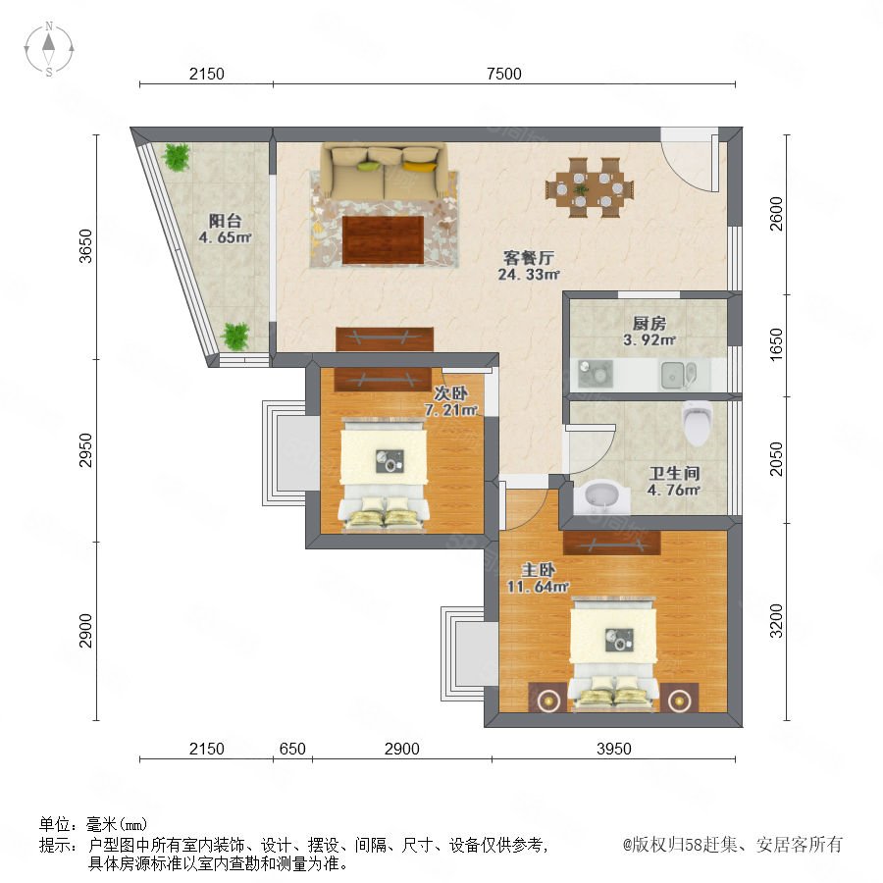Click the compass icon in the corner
click(49, 49)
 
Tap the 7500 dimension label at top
click(504, 74)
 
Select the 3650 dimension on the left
click(85, 246)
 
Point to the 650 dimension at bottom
click(292, 749)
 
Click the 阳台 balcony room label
click(226, 221)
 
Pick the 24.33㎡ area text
click(528, 275)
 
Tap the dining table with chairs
click(590, 187)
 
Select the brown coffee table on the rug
click(383, 240)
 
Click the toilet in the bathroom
click(698, 423)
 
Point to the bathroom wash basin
click(602, 496)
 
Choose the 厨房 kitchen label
click(649, 324)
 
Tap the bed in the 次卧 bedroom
click(384, 474)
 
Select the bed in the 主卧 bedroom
click(613, 653)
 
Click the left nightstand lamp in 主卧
click(547, 700)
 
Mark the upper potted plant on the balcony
click(177, 157)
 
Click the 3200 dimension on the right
click(777, 621)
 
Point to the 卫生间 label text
click(674, 474)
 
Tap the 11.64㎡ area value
click(538, 587)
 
